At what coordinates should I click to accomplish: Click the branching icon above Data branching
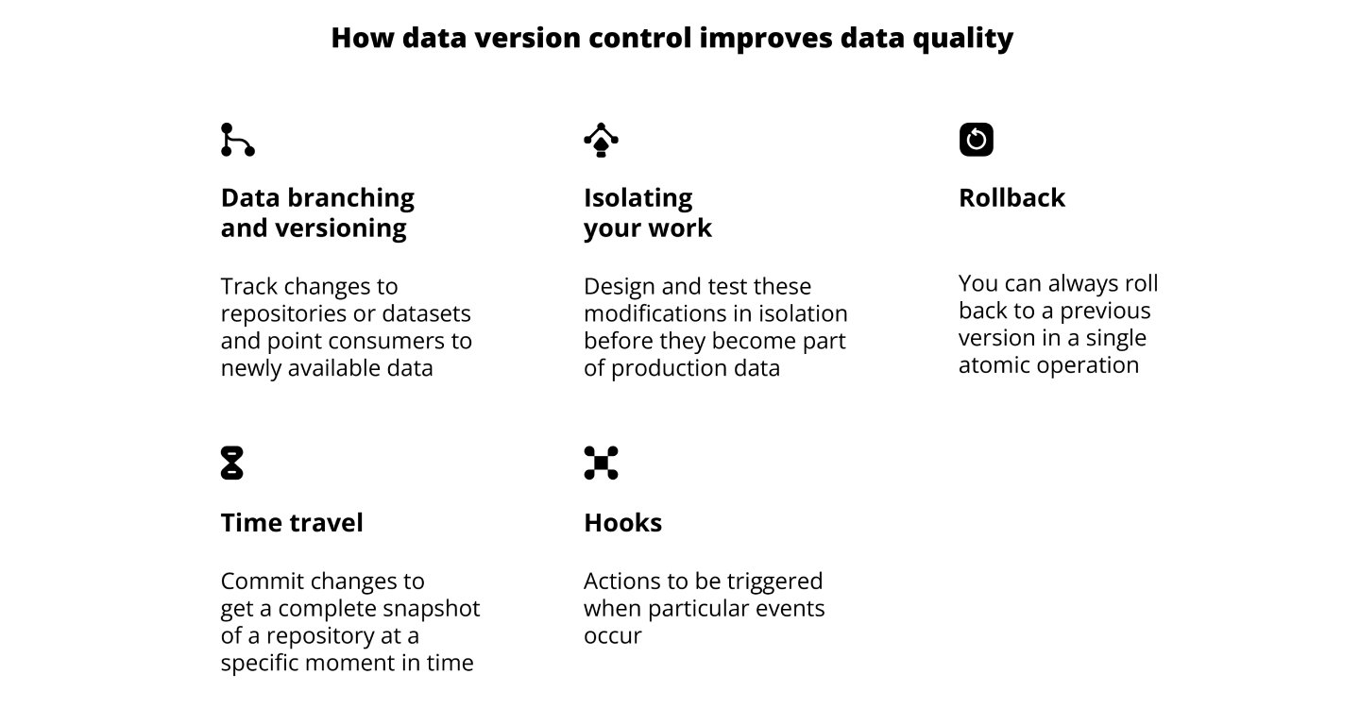(237, 140)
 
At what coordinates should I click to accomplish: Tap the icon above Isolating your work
(601, 140)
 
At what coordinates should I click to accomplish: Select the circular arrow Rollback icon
(976, 140)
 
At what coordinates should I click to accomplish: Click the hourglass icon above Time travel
(231, 463)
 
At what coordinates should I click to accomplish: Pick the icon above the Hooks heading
(601, 463)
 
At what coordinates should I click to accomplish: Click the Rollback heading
(1011, 198)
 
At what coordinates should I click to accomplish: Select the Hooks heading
(622, 523)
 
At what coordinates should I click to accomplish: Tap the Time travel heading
(292, 523)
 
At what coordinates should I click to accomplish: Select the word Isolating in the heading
(637, 198)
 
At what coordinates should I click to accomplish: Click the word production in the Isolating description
(670, 367)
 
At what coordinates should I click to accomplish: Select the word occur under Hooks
(612, 635)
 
